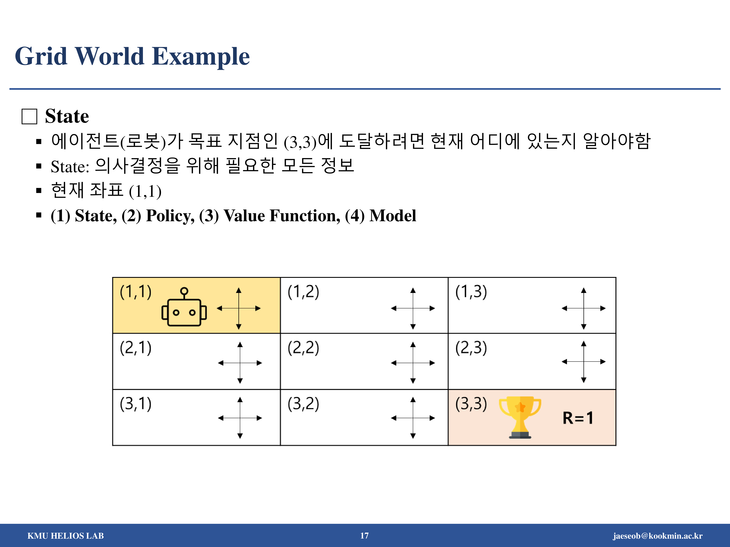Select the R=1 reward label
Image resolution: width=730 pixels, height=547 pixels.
click(x=578, y=418)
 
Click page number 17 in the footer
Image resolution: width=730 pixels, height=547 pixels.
click(x=364, y=536)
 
